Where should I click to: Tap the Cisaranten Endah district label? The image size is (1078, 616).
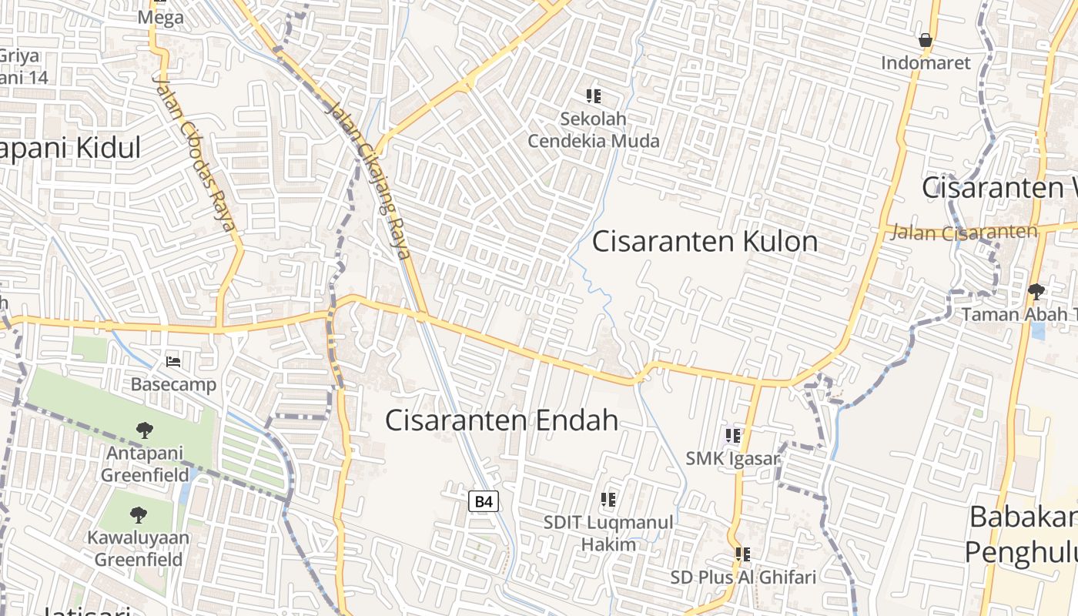pos(501,420)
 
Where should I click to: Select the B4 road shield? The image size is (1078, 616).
pos(484,502)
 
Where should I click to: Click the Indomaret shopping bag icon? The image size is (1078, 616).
pos(926,40)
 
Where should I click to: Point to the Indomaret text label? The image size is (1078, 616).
pos(926,63)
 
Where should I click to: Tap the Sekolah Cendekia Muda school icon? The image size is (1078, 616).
pos(593,96)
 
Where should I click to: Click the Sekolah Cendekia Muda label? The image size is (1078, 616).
pos(593,130)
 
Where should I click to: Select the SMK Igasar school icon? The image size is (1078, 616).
pos(733,436)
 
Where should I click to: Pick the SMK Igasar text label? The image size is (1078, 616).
pos(733,460)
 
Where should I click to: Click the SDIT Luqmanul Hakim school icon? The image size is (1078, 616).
pos(608,500)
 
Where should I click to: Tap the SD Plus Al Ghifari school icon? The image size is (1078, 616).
pos(743,554)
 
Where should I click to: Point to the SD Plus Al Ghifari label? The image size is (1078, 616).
pos(743,577)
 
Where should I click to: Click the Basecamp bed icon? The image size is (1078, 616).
pos(173,361)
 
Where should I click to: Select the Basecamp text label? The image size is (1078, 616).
pos(173,384)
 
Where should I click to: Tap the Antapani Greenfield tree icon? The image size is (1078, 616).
pos(144,430)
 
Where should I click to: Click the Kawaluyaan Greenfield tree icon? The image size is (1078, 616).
pos(139,514)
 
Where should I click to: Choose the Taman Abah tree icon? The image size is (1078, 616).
pos(1036,291)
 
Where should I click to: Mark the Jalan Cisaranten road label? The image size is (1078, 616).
pos(964,232)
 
